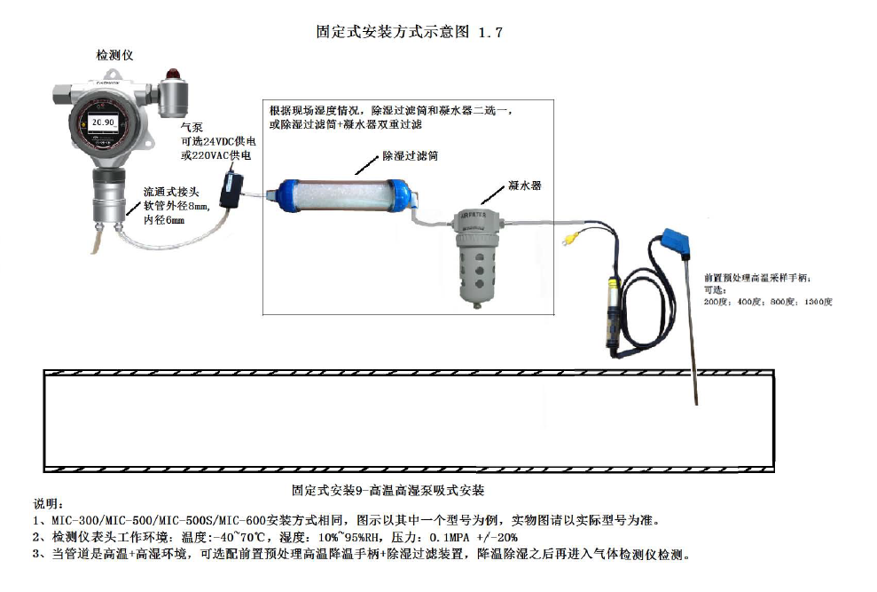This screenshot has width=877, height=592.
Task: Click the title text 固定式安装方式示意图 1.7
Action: point(410,33)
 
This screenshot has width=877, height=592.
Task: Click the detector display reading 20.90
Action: point(104,122)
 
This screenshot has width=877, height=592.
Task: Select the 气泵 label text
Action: point(191,128)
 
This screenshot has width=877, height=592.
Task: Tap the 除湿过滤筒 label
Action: point(411,155)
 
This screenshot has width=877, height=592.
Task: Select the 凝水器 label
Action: point(524,186)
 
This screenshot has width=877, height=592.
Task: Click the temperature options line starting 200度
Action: point(767,302)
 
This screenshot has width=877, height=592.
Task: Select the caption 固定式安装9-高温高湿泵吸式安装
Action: point(388,489)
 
